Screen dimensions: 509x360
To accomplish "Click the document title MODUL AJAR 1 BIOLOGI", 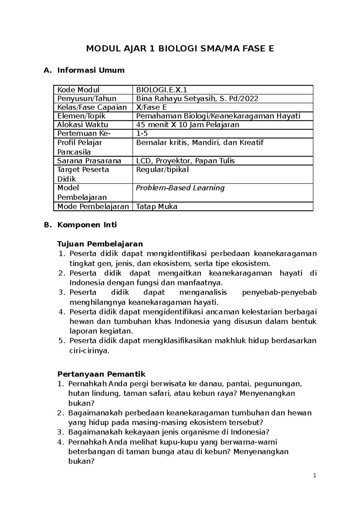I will pyautogui.click(x=180, y=49).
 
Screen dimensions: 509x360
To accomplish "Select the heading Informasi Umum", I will pyautogui.click(x=91, y=70).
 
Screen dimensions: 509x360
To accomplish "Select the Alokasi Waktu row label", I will pyautogui.click(x=82, y=125).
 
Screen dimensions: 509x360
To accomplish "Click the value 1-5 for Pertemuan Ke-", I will pyautogui.click(x=142, y=133).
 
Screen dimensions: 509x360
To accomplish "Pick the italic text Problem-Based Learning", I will pyautogui.click(x=180, y=188).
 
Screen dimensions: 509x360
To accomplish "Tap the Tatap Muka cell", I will pyautogui.click(x=156, y=207).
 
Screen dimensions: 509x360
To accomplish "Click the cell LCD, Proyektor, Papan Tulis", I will pyautogui.click(x=185, y=161).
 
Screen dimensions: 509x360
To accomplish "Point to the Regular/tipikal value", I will pyautogui.click(x=162, y=170).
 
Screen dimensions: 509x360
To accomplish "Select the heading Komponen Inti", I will pyautogui.click(x=87, y=225).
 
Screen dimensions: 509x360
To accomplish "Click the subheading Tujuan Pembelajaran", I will pyautogui.click(x=100, y=244).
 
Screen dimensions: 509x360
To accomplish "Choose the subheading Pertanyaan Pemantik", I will pyautogui.click(x=101, y=374).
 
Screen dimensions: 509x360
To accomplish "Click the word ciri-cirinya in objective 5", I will pyautogui.click(x=89, y=350).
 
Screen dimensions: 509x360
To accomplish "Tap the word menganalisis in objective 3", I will pyautogui.click(x=203, y=292).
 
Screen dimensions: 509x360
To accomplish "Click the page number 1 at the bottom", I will pyautogui.click(x=314, y=475).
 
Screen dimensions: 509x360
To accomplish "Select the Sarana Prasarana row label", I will pyautogui.click(x=89, y=161).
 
